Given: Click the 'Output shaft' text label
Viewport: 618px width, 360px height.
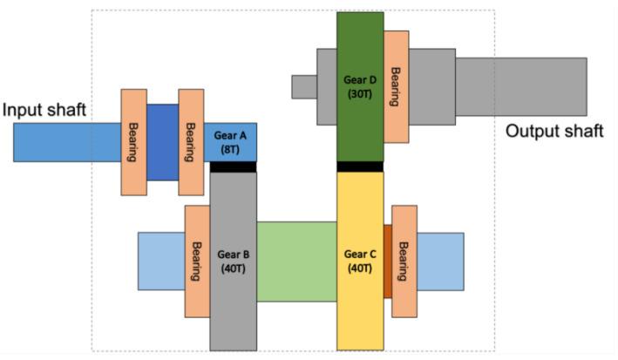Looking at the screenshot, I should click(x=554, y=132).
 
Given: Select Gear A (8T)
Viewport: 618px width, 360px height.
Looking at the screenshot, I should click(x=230, y=141).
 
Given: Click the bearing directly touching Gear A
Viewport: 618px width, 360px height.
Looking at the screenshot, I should click(x=191, y=141).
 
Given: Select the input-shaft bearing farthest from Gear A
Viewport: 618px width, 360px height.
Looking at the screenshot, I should click(x=133, y=141).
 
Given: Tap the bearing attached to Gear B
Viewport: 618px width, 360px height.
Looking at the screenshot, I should click(x=197, y=261).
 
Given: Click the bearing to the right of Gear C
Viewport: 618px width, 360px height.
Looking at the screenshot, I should click(x=404, y=261).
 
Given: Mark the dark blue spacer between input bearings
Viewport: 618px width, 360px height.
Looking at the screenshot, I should click(x=162, y=142).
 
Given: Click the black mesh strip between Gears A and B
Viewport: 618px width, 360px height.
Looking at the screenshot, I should click(x=233, y=166).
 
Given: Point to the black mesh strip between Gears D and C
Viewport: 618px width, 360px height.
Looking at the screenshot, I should click(x=359, y=166).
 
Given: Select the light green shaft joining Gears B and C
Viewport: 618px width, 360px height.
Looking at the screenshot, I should click(x=296, y=262).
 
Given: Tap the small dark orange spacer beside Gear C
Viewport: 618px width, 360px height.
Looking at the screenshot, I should click(x=388, y=261).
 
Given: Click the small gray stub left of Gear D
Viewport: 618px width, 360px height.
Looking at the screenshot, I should click(x=303, y=86).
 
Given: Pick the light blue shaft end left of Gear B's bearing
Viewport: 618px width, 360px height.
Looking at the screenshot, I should click(x=161, y=261).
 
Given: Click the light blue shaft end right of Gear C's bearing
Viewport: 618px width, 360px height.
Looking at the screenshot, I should click(x=441, y=261).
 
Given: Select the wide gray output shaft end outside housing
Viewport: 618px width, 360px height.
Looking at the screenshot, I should click(x=520, y=86).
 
